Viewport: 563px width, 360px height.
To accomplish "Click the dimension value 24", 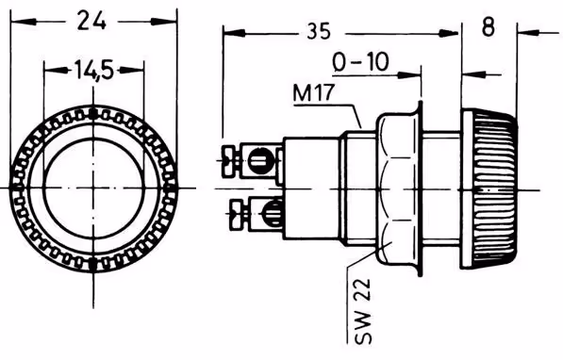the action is point(91,21).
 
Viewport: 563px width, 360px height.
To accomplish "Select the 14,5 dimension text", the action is point(94,70).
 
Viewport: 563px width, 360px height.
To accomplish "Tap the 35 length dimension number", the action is point(319,31).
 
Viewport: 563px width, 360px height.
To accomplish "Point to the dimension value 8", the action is point(488,26).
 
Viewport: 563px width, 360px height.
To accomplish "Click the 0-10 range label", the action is point(360,61).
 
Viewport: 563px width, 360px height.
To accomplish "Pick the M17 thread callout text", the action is point(314,92).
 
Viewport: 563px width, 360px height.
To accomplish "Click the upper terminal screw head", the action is point(231,161).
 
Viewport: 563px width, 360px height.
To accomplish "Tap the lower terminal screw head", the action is point(239,214).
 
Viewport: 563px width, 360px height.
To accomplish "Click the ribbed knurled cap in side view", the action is point(489,189).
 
